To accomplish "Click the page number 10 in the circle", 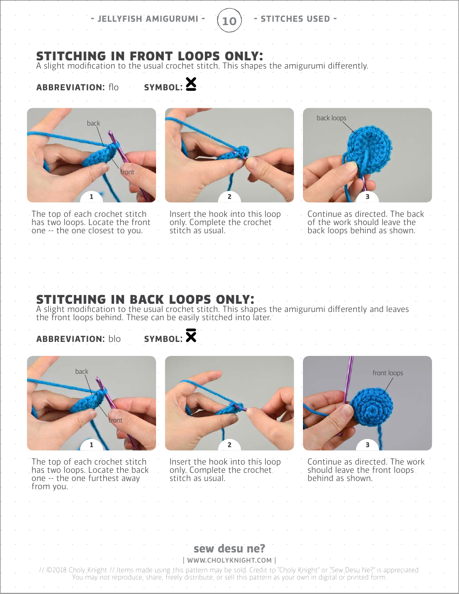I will [x=229, y=21].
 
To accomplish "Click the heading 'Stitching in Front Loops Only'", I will [x=149, y=56].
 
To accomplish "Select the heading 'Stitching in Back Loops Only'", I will [x=145, y=299].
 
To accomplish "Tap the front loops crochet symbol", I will [x=191, y=85].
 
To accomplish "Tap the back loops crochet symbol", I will [x=191, y=336].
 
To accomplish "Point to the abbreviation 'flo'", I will [x=114, y=87].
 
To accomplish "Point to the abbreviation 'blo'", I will [x=115, y=339].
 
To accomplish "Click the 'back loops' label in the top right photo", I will [x=331, y=118].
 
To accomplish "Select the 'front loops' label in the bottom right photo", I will [x=387, y=373].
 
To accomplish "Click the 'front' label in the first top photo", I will [x=127, y=172].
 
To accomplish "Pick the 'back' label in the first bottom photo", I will [x=82, y=371].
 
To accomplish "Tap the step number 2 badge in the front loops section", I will [x=229, y=197].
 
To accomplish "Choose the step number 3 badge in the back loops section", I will [x=367, y=445].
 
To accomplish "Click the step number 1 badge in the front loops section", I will [x=91, y=197].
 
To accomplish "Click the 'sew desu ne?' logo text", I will [x=229, y=549].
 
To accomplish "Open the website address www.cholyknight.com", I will [x=229, y=560].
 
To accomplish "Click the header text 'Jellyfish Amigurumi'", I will [x=148, y=19].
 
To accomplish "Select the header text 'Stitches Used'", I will [x=295, y=19].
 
